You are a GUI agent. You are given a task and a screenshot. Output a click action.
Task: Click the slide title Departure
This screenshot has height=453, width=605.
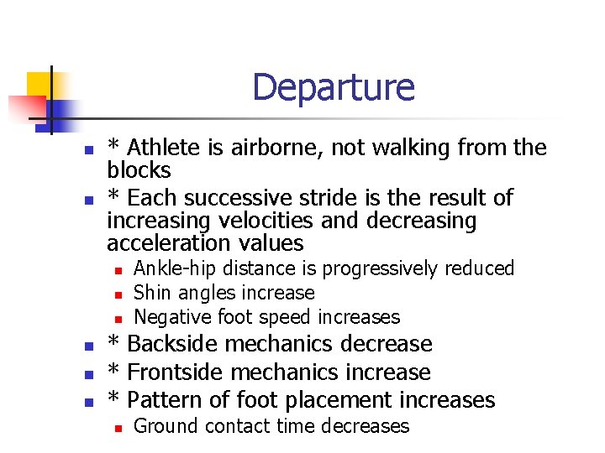click(333, 87)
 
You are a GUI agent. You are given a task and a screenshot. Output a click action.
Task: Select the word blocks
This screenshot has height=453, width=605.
click(139, 171)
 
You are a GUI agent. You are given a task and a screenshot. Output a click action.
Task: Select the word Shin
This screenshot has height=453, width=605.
click(152, 293)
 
